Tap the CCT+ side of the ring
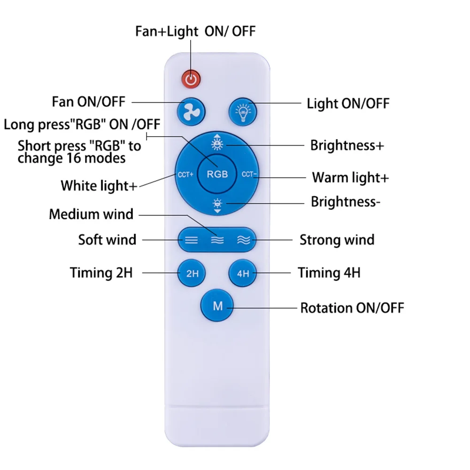pyautogui.click(x=186, y=174)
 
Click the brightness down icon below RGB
pyautogui.click(x=217, y=205)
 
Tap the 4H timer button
pyautogui.click(x=243, y=273)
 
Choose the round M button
pyautogui.click(x=217, y=306)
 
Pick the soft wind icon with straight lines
pyautogui.click(x=191, y=240)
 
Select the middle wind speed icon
pyautogui.click(x=217, y=240)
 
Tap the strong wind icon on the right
pyautogui.click(x=243, y=240)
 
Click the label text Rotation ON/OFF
pyautogui.click(x=352, y=308)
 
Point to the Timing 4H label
pyautogui.click(x=329, y=273)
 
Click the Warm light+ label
pyautogui.click(x=350, y=177)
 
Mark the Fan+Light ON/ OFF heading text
pyautogui.click(x=195, y=31)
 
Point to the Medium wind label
pyautogui.click(x=91, y=215)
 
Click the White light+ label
pyautogui.click(x=99, y=185)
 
